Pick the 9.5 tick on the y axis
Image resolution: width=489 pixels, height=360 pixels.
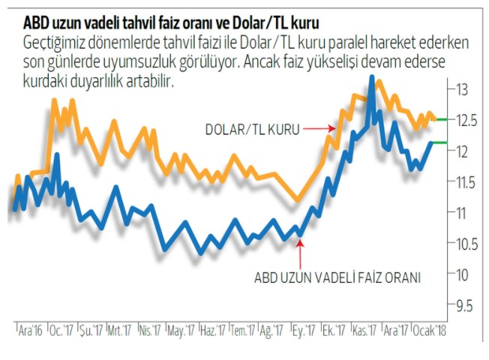[x=462, y=305]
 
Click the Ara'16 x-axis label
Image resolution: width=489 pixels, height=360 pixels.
[x=31, y=331]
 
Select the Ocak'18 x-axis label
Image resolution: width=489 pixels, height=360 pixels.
[x=429, y=331]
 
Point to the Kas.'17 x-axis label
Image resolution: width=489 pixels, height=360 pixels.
[x=363, y=331]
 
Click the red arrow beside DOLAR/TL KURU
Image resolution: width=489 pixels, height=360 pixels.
[x=318, y=129]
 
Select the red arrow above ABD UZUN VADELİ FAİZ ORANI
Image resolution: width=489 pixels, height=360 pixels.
[x=299, y=251]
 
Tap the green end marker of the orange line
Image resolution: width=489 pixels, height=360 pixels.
[x=442, y=119]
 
